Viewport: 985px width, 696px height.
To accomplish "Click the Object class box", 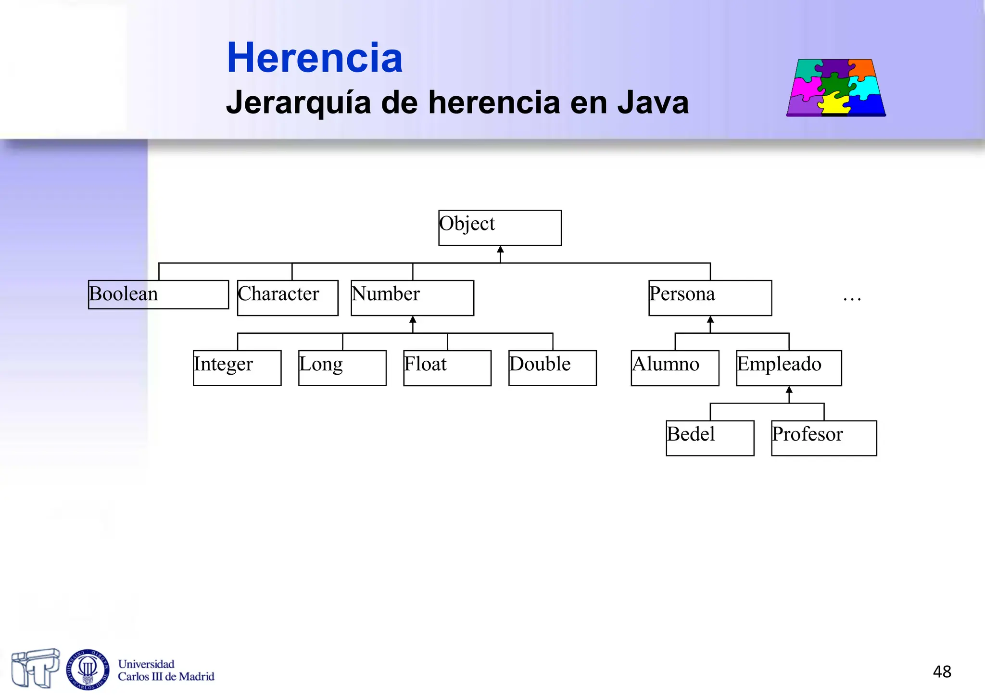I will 500,228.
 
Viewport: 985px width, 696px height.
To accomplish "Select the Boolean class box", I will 158,294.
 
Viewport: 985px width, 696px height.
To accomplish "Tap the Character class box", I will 288,298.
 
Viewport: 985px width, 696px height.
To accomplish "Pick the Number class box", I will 412,298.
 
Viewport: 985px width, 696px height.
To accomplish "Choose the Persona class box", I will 710,298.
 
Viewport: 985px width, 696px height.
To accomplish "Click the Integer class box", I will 237,368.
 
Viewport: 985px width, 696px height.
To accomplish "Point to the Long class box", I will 342,368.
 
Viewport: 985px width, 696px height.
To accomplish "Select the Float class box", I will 447,368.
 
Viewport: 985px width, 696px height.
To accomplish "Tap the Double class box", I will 552,368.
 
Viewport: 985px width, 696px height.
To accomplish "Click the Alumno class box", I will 675,368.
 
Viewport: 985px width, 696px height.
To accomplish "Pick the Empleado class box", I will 789,368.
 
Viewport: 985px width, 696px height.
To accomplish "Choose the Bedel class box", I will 710,438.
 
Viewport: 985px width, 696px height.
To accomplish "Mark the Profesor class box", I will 824,438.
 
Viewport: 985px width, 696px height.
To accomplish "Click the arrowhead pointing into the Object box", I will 500,250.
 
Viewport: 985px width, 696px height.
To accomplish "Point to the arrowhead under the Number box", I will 413,320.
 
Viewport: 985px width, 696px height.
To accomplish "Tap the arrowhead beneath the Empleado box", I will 789,390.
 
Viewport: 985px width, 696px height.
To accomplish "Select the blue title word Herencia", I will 315,58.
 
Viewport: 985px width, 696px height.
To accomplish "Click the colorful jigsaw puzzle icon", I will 836,88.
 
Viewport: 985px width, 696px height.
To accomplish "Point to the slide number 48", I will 942,671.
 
